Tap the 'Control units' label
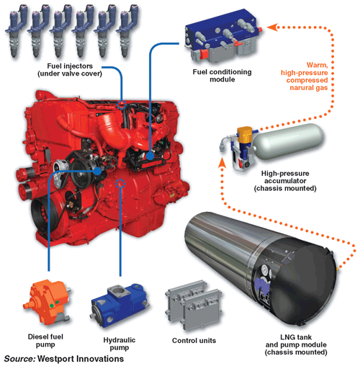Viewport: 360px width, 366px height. [x=194, y=341]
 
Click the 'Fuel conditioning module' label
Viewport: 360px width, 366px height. [x=222, y=76]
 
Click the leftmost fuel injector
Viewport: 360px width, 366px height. [x=17, y=31]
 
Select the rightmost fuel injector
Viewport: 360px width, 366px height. [x=127, y=31]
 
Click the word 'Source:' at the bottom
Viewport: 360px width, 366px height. [x=19, y=359]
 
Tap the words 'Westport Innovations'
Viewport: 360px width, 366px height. [x=81, y=359]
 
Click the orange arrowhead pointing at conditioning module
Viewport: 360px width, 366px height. [x=272, y=27]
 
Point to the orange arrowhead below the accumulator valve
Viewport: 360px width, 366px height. [x=222, y=163]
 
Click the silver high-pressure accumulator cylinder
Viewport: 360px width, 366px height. [x=288, y=142]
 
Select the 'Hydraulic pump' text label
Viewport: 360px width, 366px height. [x=120, y=344]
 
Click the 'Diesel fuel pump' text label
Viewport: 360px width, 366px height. [x=45, y=341]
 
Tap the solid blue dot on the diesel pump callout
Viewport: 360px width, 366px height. [x=97, y=171]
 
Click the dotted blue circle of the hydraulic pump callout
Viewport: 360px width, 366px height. [x=120, y=184]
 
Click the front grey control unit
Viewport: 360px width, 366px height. [x=201, y=310]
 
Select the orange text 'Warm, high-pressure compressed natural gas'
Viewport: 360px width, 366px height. [x=305, y=76]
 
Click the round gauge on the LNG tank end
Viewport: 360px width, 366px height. [x=265, y=271]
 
